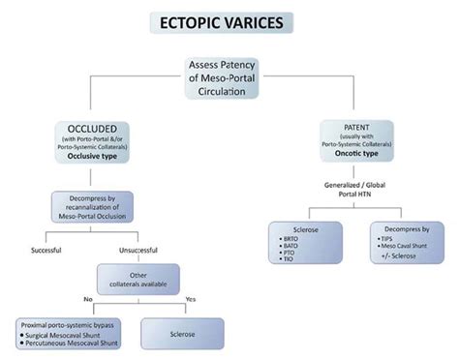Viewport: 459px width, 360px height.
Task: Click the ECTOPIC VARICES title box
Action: [x=230, y=21]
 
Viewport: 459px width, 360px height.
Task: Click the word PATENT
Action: [x=369, y=127]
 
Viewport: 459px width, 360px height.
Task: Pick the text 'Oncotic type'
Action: [x=369, y=154]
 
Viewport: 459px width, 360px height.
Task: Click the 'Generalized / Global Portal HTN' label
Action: [x=368, y=190]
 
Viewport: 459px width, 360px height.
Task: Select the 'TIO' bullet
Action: [x=288, y=259]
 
